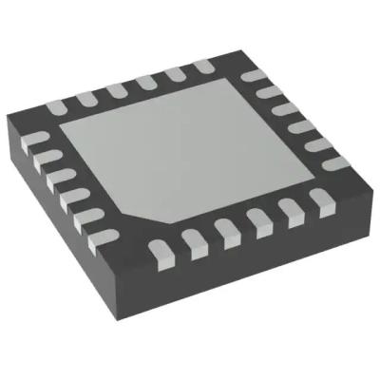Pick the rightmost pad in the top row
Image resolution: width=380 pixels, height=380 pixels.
click(x=202, y=66)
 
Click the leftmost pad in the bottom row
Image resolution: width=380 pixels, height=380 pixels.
click(x=157, y=250)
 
